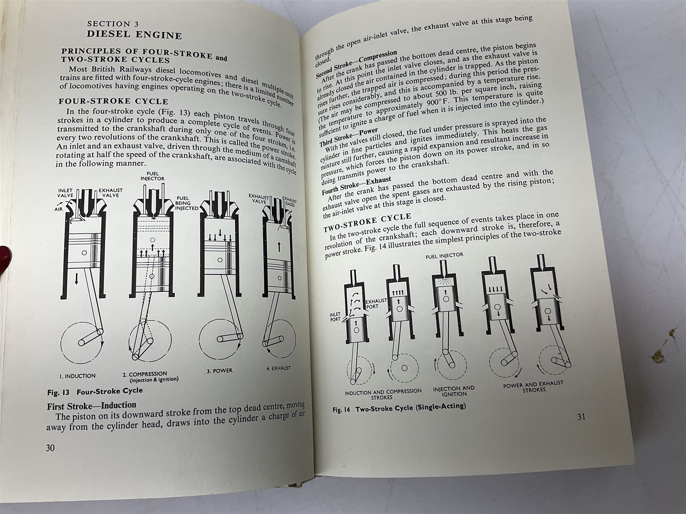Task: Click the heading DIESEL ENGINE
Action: pos(135,35)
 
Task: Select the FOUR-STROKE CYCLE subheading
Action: pos(113,101)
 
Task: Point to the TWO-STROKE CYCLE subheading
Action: pos(367,222)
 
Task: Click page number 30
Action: pos(50,448)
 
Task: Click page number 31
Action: pos(581,417)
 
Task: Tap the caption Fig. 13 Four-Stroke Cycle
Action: pos(95,391)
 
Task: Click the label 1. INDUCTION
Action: pos(77,376)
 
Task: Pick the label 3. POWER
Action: pos(220,370)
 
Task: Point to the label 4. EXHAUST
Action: pos(278,368)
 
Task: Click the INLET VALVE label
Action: pos(65,193)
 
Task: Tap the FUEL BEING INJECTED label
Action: pos(186,203)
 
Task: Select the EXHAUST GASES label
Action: pos(289,201)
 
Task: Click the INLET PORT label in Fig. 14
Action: pos(335,317)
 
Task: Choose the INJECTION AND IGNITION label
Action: pos(454,391)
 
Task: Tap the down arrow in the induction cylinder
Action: pos(77,279)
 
